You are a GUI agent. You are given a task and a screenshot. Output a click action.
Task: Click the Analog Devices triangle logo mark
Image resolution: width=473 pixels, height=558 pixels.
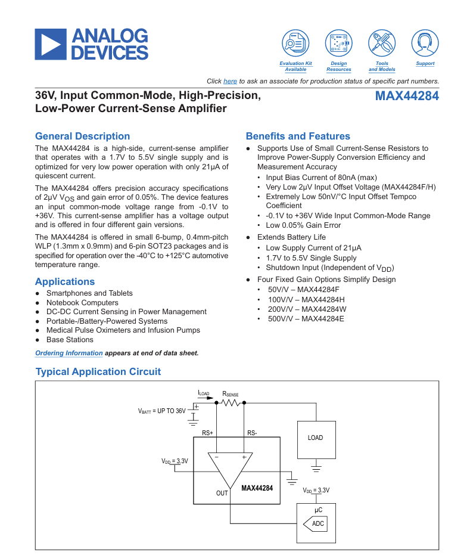[51, 44]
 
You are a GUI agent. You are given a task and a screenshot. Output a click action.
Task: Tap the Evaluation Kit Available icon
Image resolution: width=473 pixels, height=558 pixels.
[295, 43]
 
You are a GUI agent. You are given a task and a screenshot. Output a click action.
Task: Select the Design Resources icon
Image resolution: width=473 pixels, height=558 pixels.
[339, 43]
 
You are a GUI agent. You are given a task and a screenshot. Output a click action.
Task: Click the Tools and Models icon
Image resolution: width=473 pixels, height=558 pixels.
[382, 43]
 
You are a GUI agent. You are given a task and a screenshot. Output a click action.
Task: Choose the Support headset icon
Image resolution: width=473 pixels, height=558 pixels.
[425, 43]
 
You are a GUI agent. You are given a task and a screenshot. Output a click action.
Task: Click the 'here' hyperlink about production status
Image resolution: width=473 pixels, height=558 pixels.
[230, 81]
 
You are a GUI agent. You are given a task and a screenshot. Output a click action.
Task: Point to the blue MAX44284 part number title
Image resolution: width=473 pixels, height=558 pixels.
[407, 96]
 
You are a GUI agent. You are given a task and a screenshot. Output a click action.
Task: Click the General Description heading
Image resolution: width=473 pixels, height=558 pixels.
[83, 136]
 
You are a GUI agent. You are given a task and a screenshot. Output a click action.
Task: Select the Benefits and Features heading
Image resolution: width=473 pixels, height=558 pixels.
[298, 136]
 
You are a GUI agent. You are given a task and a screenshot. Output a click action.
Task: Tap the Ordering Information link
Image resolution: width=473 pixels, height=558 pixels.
[69, 353]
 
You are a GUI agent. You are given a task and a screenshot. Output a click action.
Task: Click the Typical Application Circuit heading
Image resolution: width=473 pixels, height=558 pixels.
[98, 371]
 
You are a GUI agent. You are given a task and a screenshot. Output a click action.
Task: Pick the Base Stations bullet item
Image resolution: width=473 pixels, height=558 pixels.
[70, 339]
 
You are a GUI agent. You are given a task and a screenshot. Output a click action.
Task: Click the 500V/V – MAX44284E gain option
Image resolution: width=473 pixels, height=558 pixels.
[306, 319]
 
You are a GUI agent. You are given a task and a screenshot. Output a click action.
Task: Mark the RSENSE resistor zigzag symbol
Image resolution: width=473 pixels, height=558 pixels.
[231, 403]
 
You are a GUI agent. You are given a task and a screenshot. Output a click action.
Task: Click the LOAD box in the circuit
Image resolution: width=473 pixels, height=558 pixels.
[316, 440]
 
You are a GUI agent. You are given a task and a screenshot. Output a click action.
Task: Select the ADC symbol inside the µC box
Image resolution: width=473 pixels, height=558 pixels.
[315, 524]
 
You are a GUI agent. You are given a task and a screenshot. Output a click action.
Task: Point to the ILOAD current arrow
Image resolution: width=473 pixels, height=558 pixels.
[206, 398]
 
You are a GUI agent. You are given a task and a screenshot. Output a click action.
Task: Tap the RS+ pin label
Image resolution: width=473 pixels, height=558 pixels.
[207, 433]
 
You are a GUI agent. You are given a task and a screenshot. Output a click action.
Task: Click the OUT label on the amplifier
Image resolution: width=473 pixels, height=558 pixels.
[222, 493]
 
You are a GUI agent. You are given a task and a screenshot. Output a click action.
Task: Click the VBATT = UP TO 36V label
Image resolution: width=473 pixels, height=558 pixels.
[162, 411]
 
